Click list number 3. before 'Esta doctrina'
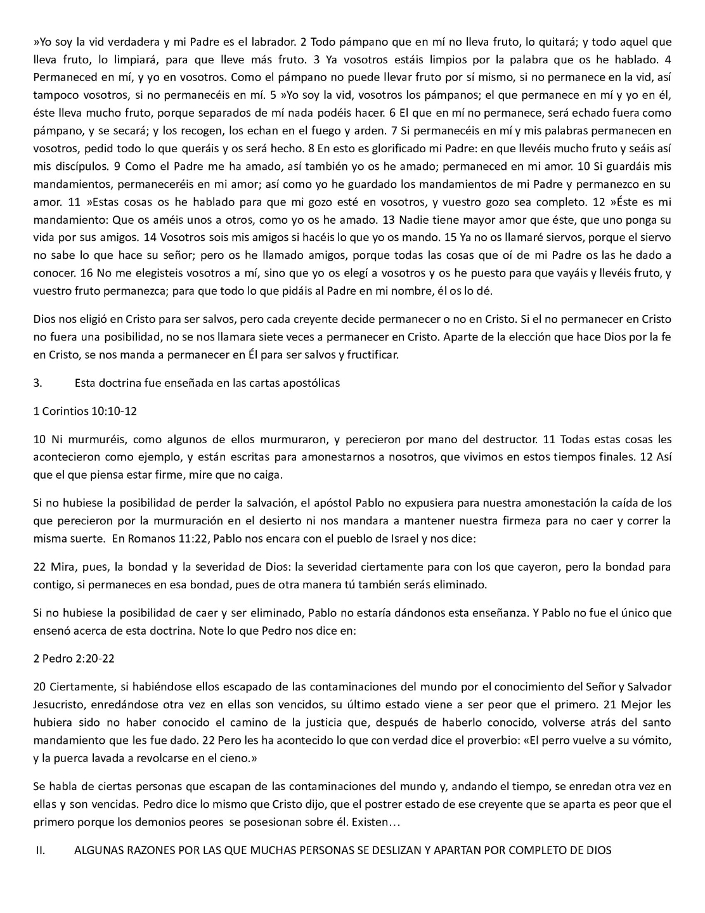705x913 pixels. tap(37, 383)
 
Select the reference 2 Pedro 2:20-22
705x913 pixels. tap(74, 658)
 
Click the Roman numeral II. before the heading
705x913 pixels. tap(39, 850)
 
